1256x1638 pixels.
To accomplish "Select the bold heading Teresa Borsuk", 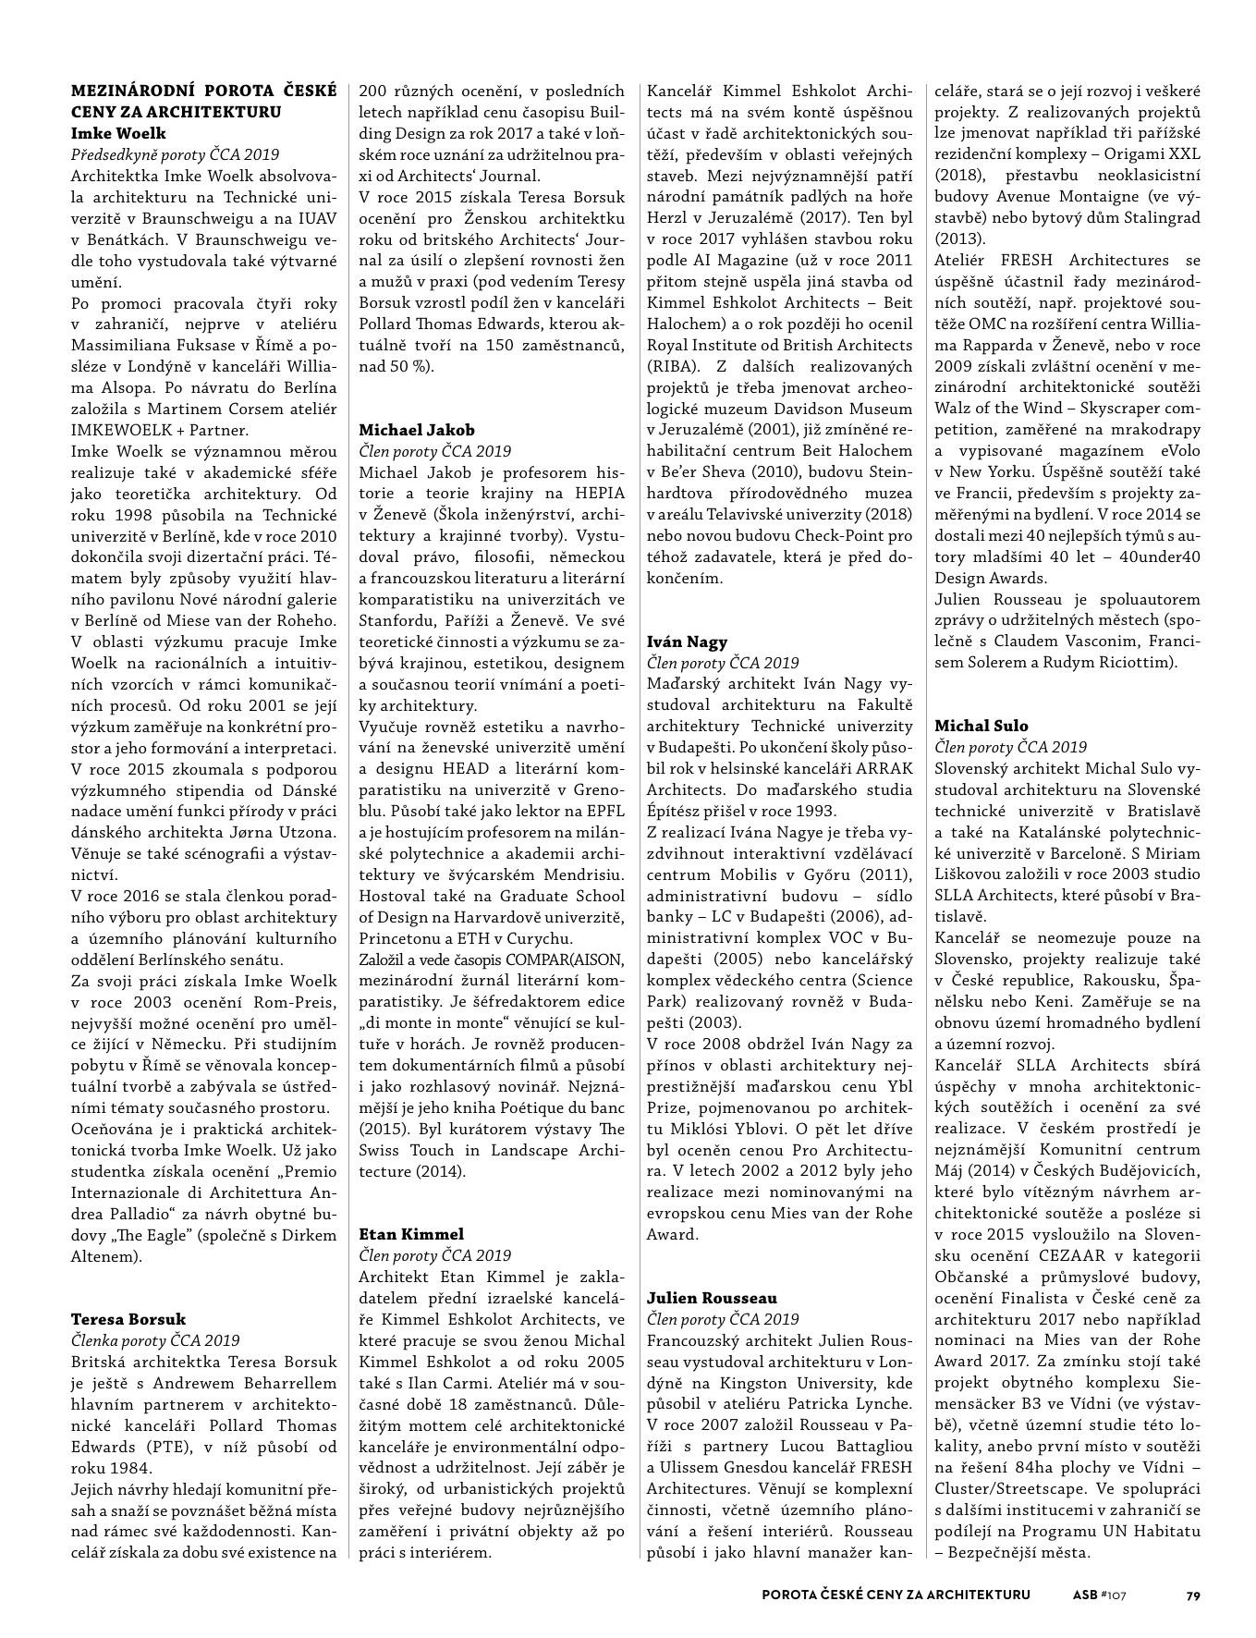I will (128, 1319).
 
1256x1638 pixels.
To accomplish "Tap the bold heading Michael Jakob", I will (417, 430).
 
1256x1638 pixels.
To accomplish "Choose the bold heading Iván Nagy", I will (687, 642).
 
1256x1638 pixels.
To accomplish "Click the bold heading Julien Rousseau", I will (712, 1298).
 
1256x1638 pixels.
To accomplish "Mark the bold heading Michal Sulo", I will (981, 726).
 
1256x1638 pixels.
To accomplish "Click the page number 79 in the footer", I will (1193, 1595).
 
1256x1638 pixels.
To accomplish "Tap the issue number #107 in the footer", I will (1114, 1595).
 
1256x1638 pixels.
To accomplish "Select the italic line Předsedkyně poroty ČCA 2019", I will (175, 154).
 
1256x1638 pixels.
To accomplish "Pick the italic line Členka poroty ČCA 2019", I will (155, 1340).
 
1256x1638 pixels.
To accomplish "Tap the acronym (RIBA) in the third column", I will (672, 366).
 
